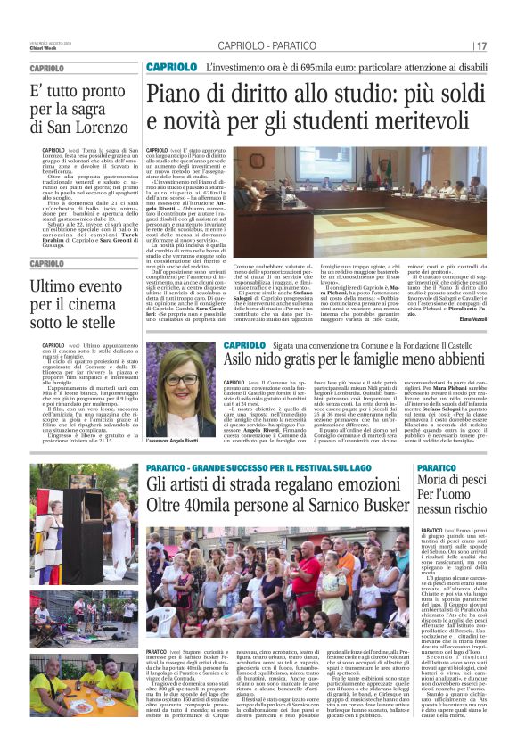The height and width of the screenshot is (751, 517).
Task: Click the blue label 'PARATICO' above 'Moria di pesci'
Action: (436, 469)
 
